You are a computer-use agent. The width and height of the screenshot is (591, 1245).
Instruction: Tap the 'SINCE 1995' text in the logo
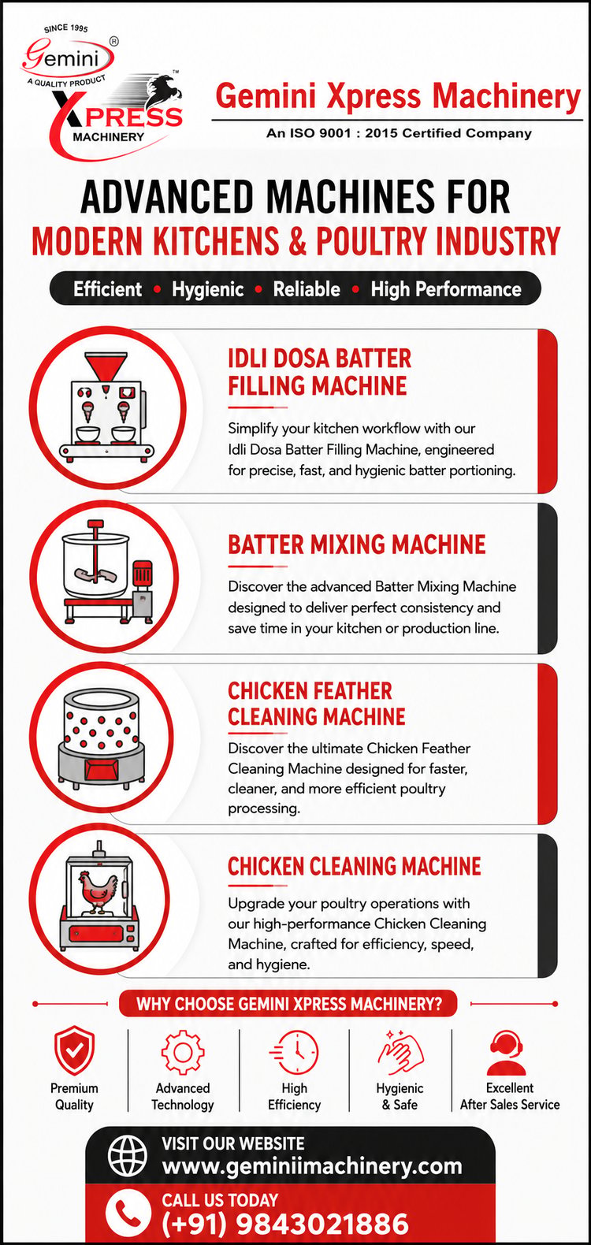tap(65, 28)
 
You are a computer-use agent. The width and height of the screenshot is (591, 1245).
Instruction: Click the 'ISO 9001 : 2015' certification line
tap(399, 133)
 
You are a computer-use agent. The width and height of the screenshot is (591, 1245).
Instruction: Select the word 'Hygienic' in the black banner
tap(207, 289)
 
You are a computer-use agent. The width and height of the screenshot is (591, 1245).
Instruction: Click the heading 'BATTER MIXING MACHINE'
tap(356, 544)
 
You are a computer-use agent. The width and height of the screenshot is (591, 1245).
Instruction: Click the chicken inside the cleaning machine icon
tap(99, 894)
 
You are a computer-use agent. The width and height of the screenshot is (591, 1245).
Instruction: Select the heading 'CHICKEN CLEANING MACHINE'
tap(354, 867)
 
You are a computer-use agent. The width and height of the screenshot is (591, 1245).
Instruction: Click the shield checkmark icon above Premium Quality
tap(74, 1051)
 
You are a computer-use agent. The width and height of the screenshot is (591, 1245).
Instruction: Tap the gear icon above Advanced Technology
tap(182, 1052)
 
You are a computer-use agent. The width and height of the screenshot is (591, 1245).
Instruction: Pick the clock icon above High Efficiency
tap(294, 1052)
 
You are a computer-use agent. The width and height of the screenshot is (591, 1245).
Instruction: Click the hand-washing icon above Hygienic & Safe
tap(400, 1052)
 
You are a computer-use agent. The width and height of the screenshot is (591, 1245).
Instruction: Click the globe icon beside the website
tap(128, 1156)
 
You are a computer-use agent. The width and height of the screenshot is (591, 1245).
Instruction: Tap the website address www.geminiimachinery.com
tap(312, 1165)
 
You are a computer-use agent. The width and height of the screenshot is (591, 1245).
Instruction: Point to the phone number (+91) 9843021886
tap(285, 1223)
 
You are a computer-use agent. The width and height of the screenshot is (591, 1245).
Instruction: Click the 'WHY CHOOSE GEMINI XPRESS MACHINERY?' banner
tap(288, 1004)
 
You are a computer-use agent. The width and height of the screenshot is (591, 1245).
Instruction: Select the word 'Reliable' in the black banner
tap(307, 289)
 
